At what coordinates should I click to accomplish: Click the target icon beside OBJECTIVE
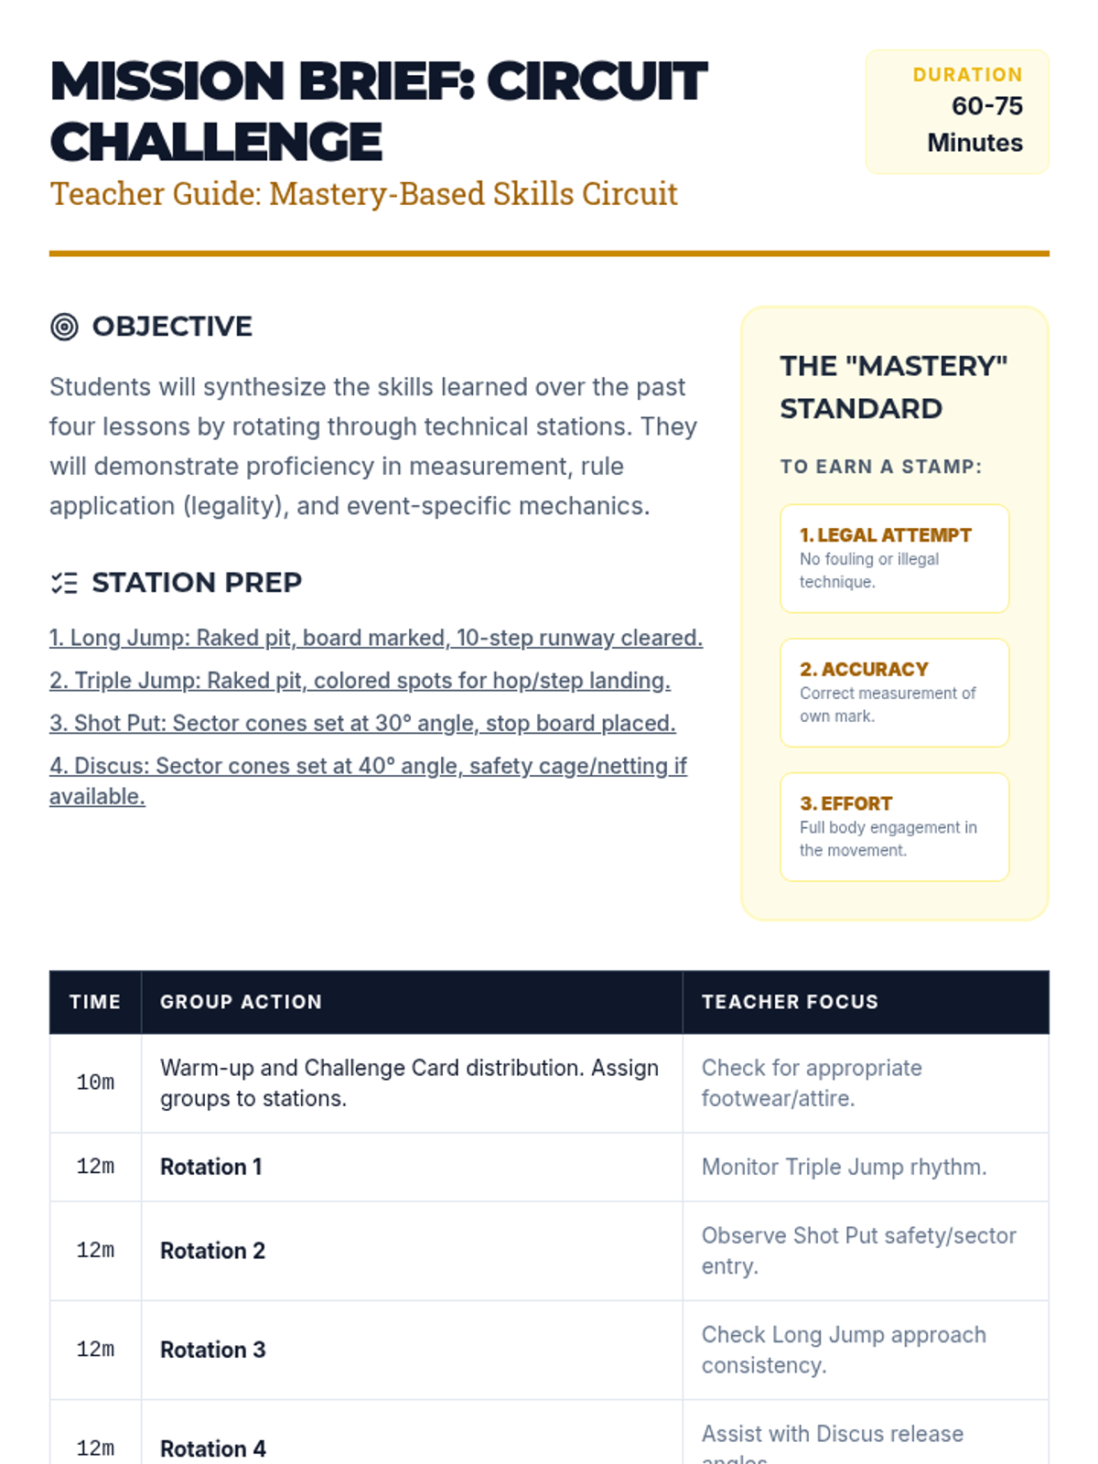[x=64, y=327]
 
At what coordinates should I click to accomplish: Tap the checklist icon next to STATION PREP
[x=64, y=583]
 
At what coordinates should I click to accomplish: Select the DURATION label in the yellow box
[x=967, y=75]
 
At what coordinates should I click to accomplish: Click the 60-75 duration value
[x=986, y=106]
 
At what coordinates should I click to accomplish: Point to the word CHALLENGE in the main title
[x=216, y=142]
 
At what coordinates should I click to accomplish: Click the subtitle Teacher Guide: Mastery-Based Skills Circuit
[x=363, y=194]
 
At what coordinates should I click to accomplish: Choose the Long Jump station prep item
[x=375, y=638]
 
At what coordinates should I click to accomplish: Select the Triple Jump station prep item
[x=360, y=681]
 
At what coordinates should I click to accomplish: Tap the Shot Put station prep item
[x=362, y=723]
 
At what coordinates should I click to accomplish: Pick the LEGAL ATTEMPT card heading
[x=885, y=535]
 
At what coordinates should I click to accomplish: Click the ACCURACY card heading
[x=864, y=669]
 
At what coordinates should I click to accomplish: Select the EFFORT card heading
[x=845, y=803]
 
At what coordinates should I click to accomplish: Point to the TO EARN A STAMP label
[x=880, y=467]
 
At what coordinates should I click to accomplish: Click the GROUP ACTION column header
[x=241, y=1002]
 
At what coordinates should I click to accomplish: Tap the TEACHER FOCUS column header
[x=790, y=1002]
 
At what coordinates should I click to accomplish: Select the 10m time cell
[x=95, y=1082]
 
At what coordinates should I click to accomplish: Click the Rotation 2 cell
[x=212, y=1251]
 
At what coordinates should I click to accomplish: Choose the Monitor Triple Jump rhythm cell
[x=844, y=1167]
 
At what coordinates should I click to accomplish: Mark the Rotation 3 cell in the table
[x=212, y=1350]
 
